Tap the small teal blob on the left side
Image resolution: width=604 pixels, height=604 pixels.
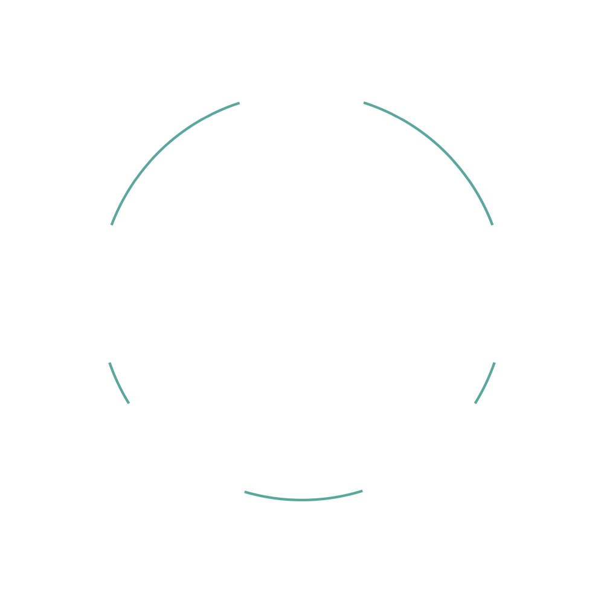(118, 387)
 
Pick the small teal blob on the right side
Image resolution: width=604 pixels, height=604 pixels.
(486, 387)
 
